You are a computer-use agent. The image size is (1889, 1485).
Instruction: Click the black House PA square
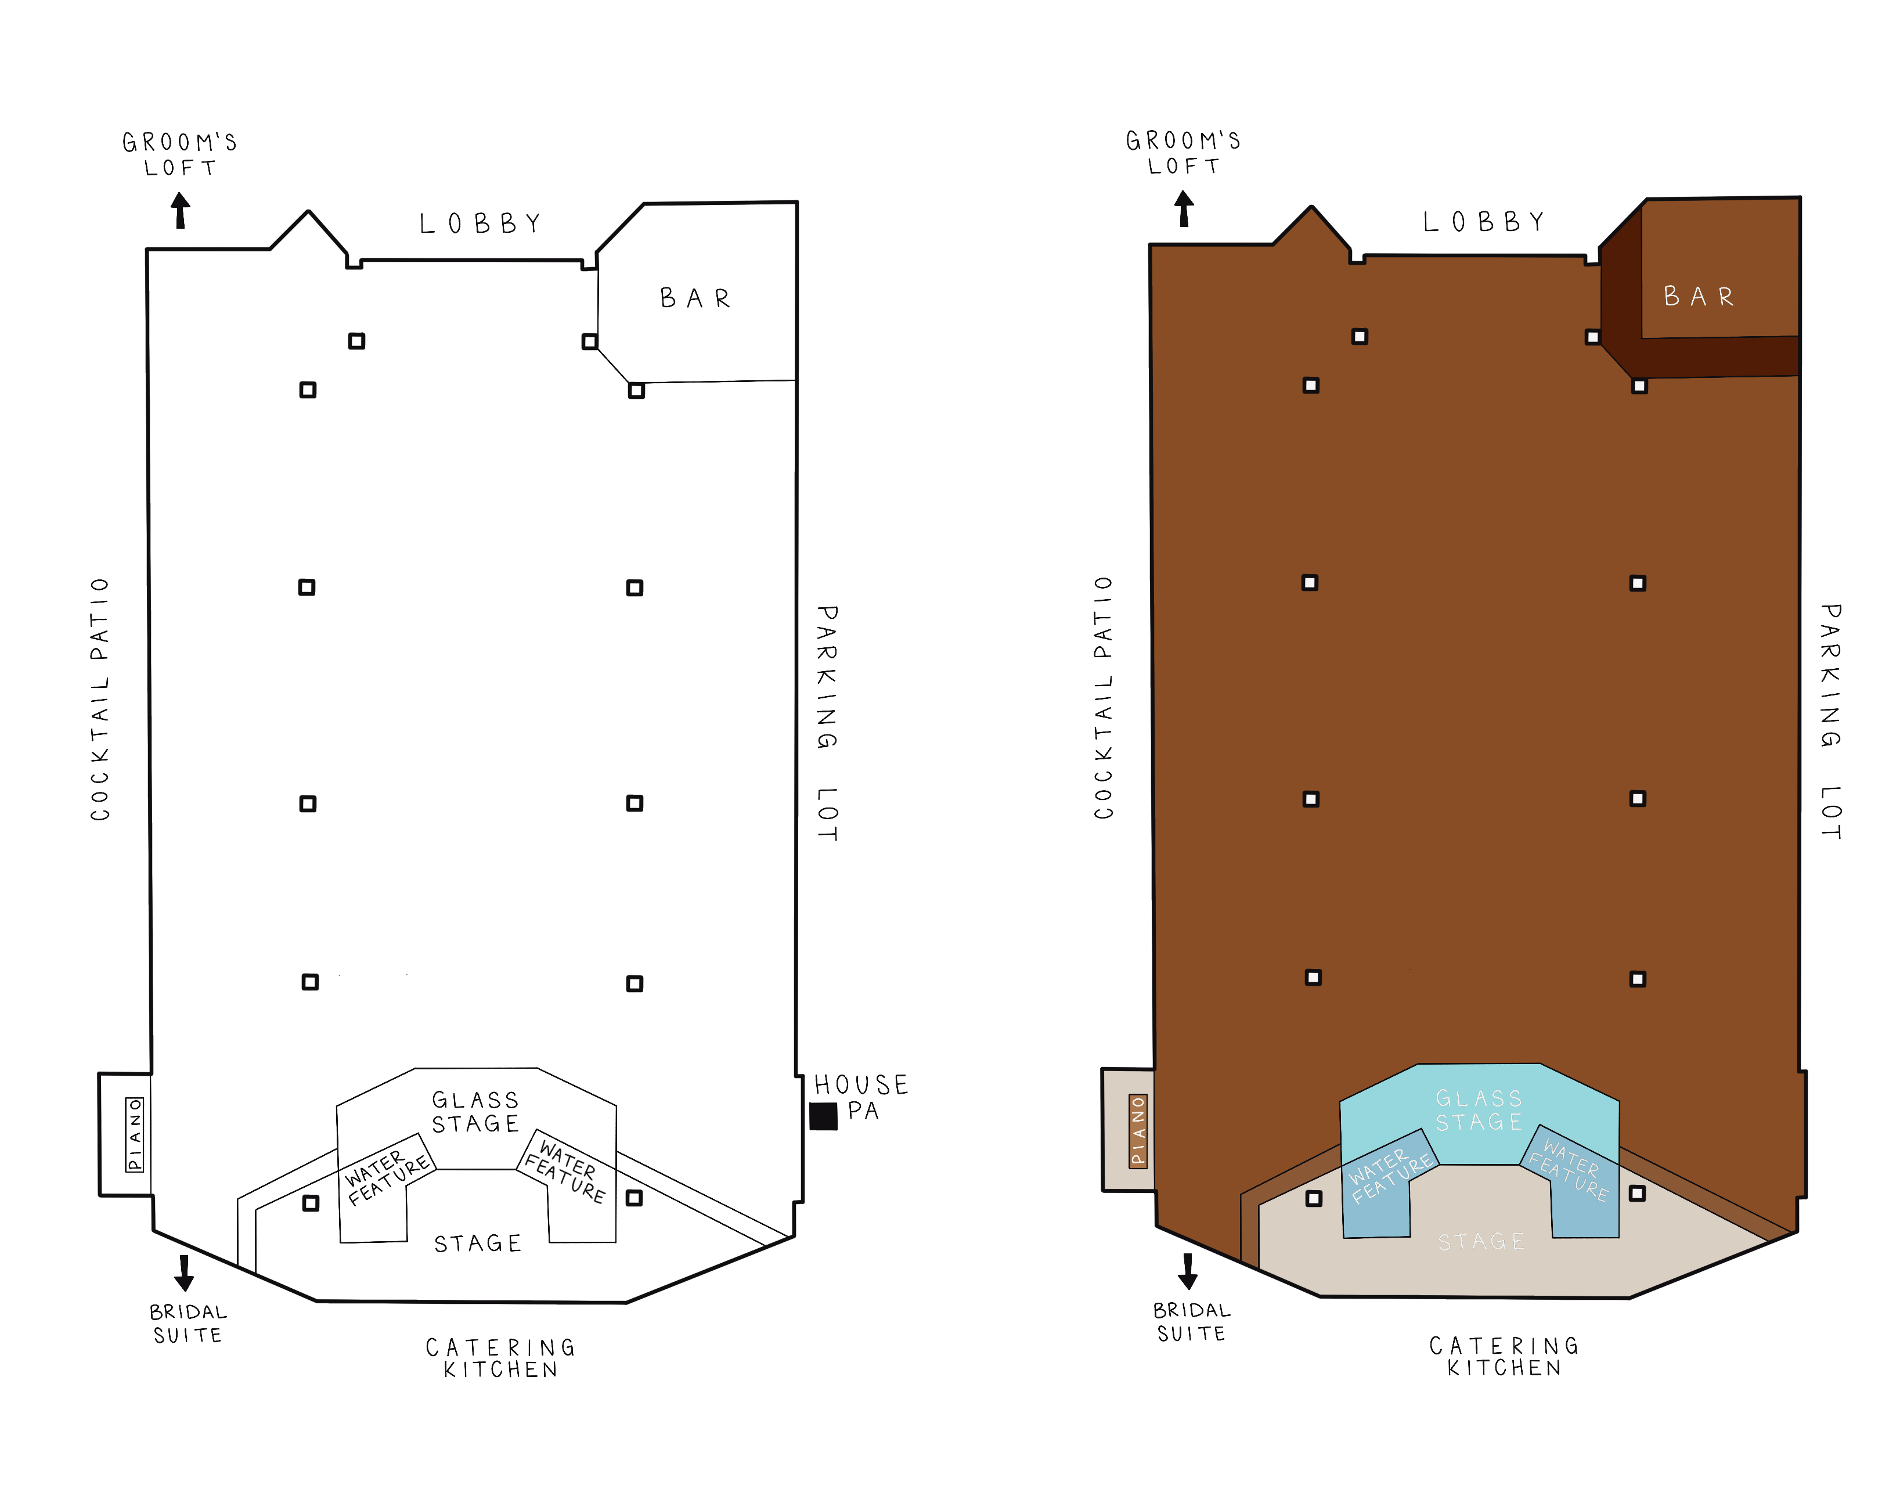[x=823, y=1116]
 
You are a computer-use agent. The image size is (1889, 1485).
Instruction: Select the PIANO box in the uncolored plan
[x=135, y=1134]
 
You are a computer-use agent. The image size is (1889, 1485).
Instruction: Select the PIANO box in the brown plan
[x=1138, y=1129]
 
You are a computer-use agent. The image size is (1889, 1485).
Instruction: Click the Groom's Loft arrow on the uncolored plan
[x=180, y=210]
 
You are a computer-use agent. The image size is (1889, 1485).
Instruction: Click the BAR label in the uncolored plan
[x=695, y=298]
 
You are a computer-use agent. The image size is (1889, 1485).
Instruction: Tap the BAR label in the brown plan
[x=1699, y=297]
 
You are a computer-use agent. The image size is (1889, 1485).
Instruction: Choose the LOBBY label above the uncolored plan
[x=481, y=224]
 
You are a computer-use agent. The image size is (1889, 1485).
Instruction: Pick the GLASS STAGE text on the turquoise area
[x=1479, y=1111]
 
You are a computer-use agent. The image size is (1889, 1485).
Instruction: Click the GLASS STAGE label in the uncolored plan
[x=475, y=1112]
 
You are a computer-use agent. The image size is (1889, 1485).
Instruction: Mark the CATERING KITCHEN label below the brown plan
[x=1504, y=1356]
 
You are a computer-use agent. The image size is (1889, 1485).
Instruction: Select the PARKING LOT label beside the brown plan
[x=1831, y=722]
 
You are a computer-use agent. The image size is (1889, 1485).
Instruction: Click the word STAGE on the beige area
[x=1480, y=1242]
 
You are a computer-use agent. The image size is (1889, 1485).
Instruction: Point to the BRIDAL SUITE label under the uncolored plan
[x=188, y=1323]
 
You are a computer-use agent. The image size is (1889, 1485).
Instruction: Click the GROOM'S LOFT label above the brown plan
[x=1183, y=153]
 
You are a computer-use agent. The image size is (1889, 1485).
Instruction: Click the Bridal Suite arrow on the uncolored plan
[x=184, y=1273]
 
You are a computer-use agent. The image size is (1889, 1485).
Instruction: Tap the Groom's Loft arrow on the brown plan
[x=1184, y=208]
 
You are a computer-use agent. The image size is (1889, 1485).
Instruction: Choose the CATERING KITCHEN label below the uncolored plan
[x=501, y=1358]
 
